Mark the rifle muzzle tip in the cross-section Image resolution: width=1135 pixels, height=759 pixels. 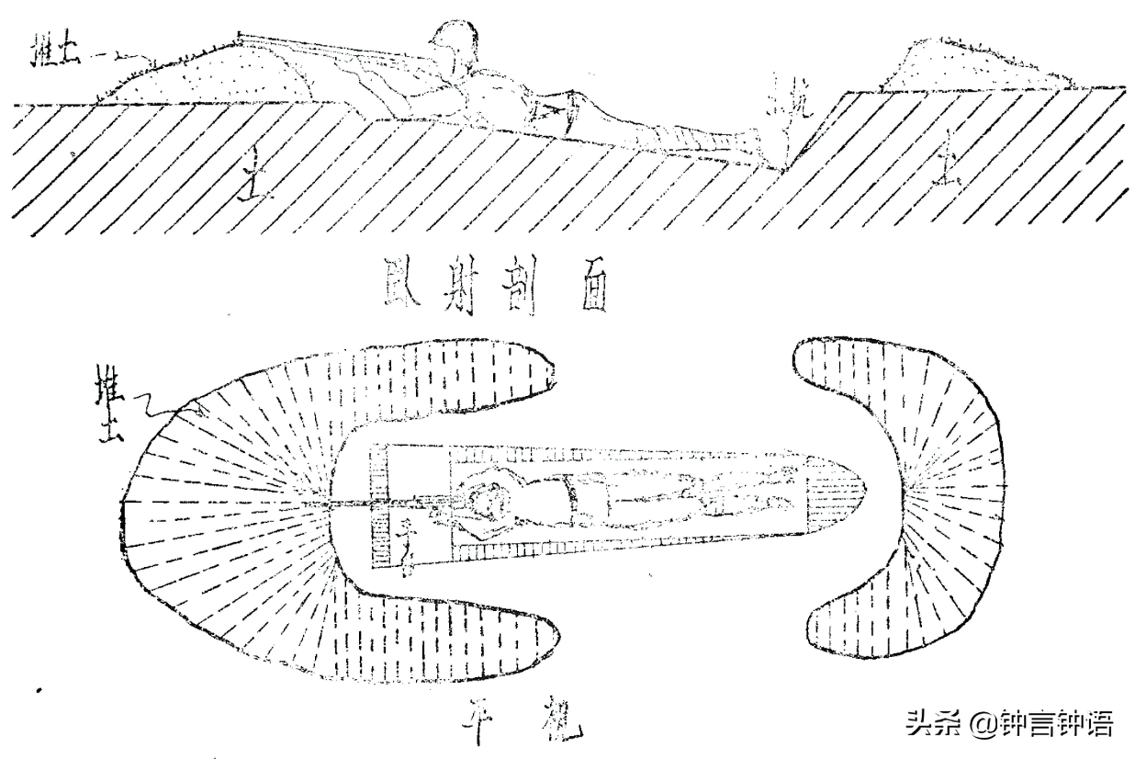(241, 36)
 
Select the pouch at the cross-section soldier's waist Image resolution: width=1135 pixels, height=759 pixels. (548, 112)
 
